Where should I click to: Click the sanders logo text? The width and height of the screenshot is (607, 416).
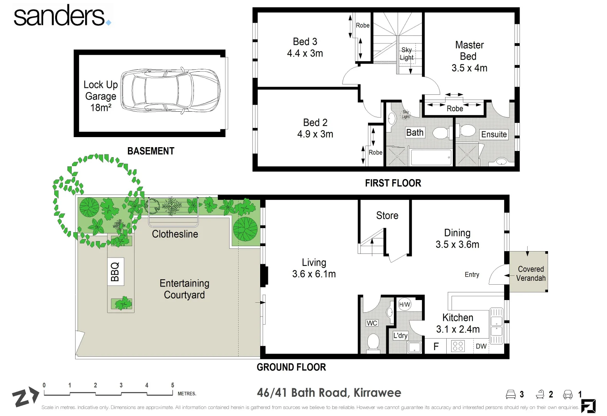pyautogui.click(x=60, y=16)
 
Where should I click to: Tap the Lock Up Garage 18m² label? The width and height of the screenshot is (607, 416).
pyautogui.click(x=100, y=96)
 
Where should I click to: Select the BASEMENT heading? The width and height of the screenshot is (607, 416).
pyautogui.click(x=151, y=151)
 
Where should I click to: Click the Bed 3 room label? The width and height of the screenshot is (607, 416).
pyautogui.click(x=305, y=47)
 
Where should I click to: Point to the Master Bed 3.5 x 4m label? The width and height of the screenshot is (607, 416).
pyautogui.click(x=469, y=57)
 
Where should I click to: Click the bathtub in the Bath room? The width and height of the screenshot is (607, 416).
pyautogui.click(x=431, y=157)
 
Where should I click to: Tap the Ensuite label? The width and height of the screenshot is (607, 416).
pyautogui.click(x=494, y=134)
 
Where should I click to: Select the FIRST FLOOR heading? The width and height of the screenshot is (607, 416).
pyautogui.click(x=393, y=183)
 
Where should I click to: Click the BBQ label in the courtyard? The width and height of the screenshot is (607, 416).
pyautogui.click(x=115, y=272)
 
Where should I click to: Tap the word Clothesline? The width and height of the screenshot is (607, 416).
pyautogui.click(x=175, y=234)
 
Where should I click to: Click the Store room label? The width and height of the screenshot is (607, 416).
pyautogui.click(x=387, y=216)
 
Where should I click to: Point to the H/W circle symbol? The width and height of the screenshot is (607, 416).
pyautogui.click(x=404, y=305)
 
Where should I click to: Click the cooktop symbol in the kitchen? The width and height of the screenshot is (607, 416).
pyautogui.click(x=458, y=346)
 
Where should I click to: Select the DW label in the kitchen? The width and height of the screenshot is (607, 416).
pyautogui.click(x=481, y=346)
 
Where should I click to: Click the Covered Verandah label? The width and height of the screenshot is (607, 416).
pyautogui.click(x=531, y=273)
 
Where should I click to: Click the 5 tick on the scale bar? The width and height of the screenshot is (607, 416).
pyautogui.click(x=172, y=385)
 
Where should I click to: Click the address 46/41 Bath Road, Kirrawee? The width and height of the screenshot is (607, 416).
pyautogui.click(x=329, y=393)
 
